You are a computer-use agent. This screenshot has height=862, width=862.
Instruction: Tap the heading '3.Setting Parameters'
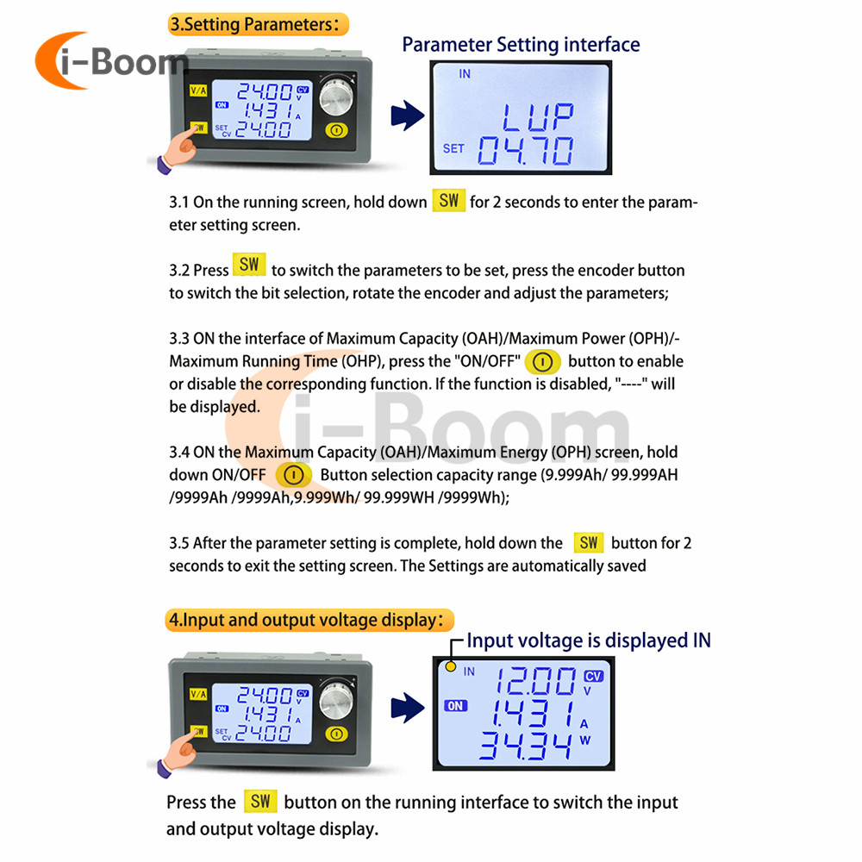click(258, 24)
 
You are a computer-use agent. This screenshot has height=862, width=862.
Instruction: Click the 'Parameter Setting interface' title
click(521, 44)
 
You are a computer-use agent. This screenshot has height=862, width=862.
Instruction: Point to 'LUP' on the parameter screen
click(538, 115)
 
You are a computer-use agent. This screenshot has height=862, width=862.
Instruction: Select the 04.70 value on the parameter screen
click(526, 151)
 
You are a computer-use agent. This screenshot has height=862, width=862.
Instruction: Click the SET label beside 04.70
click(453, 148)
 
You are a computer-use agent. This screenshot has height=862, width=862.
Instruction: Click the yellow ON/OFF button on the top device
click(336, 131)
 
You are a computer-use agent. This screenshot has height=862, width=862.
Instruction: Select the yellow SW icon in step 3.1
click(448, 201)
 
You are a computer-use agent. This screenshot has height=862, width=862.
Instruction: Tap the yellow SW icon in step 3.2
click(249, 265)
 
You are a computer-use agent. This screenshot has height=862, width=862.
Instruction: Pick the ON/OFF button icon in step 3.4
click(293, 475)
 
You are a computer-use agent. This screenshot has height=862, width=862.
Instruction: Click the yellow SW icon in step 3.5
click(589, 542)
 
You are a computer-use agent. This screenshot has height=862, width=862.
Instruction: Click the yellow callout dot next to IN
click(450, 667)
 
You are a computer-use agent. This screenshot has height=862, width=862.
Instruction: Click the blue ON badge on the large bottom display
click(454, 706)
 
